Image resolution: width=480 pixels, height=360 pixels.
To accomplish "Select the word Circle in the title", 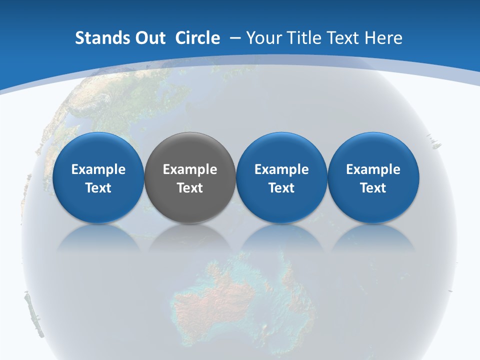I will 197,38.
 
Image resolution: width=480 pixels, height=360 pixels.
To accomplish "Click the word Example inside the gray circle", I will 190,169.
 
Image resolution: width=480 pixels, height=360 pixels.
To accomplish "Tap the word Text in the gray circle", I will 190,188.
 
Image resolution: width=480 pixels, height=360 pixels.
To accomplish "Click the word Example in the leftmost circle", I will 98,169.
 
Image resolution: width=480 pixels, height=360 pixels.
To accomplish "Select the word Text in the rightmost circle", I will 373,188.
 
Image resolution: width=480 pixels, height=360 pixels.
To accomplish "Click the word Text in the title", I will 340,38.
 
